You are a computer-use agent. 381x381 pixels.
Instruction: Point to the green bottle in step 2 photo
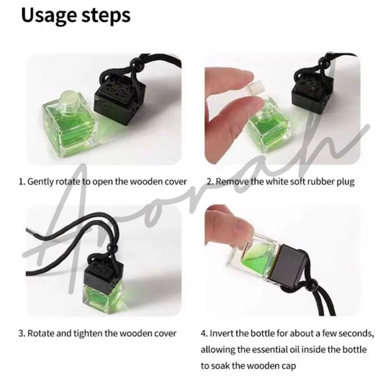pos(269,129)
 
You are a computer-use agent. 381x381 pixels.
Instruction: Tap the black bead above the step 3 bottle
pos(112,248)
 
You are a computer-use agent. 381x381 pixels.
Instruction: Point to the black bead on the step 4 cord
pos(312,283)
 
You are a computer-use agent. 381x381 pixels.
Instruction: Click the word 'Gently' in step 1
pos(40,182)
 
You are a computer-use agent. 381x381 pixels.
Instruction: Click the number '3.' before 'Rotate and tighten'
pos(22,333)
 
